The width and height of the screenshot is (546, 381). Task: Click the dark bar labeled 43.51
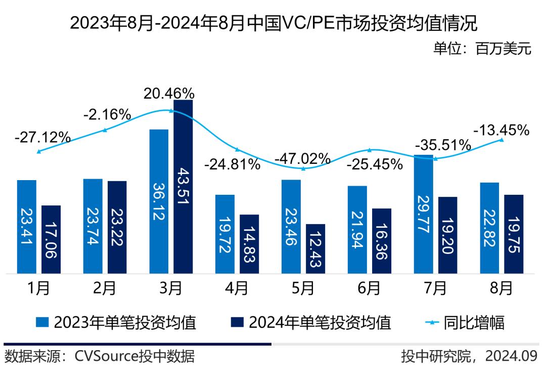[183, 187]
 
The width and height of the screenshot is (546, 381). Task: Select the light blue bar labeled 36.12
[159, 201]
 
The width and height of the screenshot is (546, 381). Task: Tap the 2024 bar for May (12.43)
[315, 248]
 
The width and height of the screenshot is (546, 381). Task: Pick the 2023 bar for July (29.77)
[423, 214]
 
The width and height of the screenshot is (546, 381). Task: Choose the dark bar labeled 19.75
[514, 234]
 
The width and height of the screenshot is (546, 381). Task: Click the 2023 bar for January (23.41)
[27, 227]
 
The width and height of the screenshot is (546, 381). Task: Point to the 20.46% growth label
[169, 93]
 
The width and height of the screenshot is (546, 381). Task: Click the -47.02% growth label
[302, 158]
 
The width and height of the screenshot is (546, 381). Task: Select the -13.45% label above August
[501, 130]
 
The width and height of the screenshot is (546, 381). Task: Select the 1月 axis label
[38, 288]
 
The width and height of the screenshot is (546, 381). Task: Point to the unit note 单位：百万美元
[482, 49]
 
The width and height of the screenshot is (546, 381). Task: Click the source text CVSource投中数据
[134, 356]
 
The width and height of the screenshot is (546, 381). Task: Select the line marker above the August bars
[502, 140]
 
